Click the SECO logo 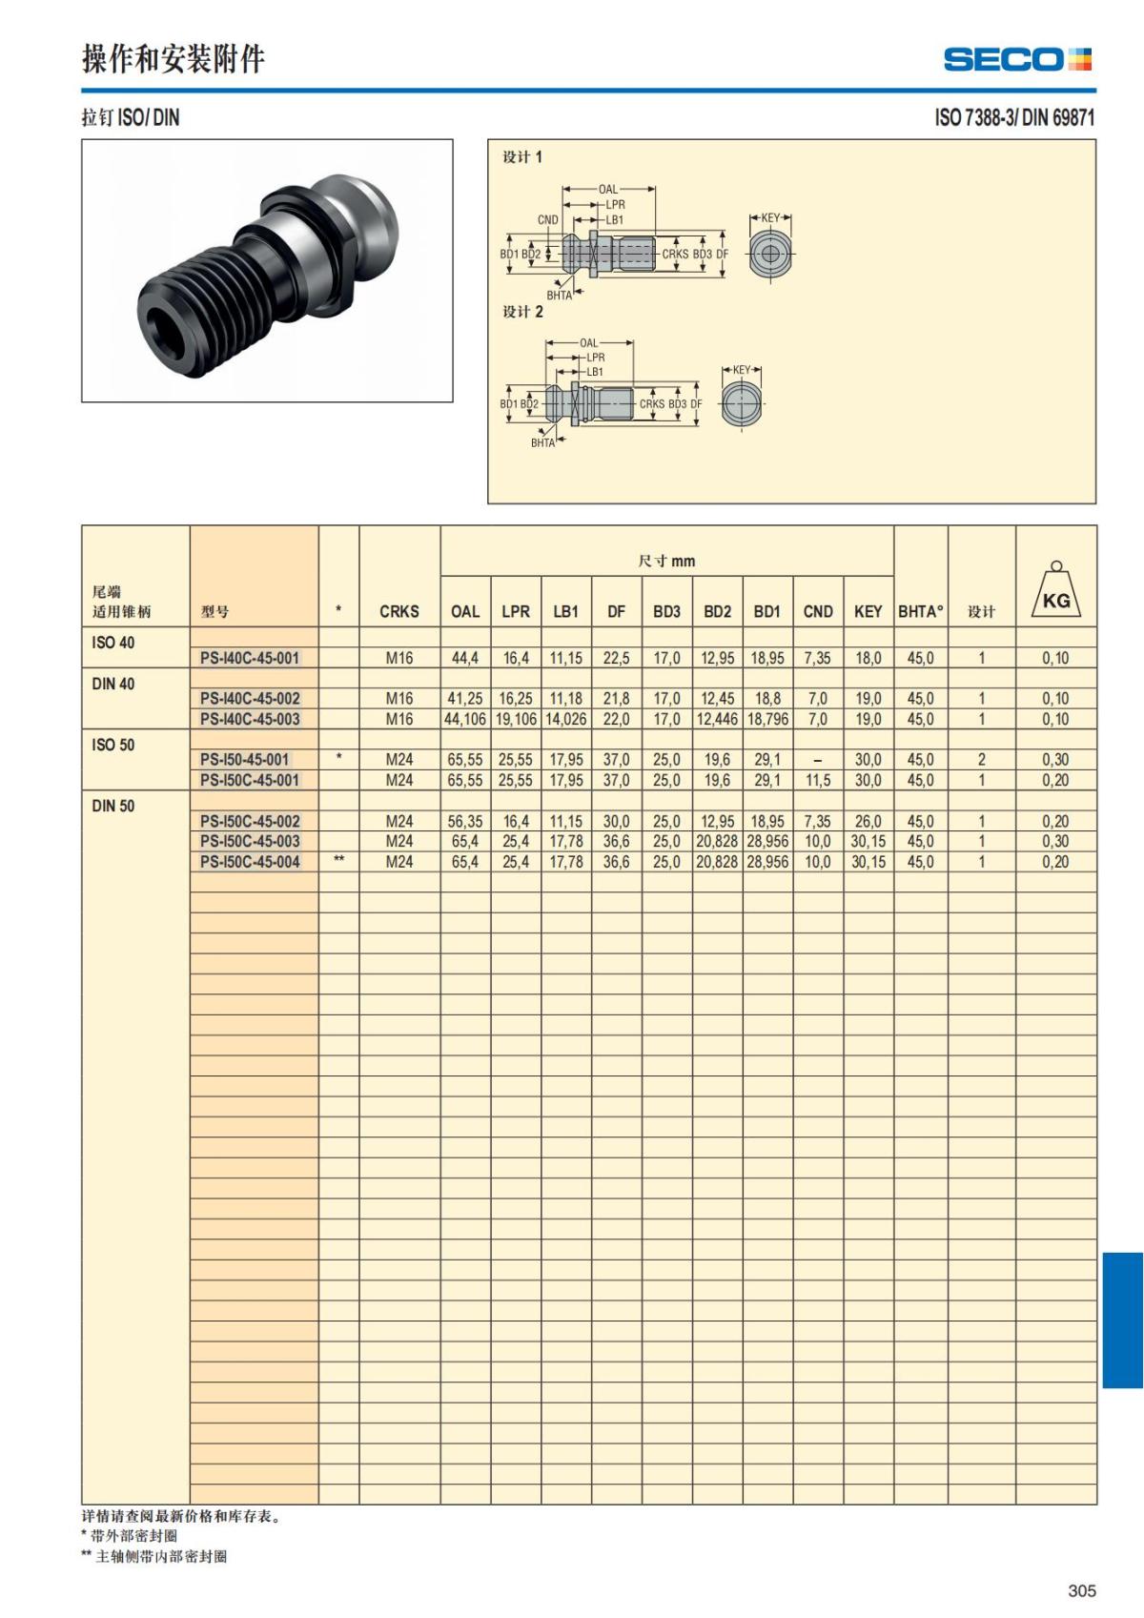[1017, 59]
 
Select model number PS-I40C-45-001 [249, 658]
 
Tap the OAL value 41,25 [465, 699]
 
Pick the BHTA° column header [921, 612]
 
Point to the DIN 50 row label [113, 806]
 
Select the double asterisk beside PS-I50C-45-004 [338, 859]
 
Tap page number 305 [1082, 1589]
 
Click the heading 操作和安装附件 [174, 59]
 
